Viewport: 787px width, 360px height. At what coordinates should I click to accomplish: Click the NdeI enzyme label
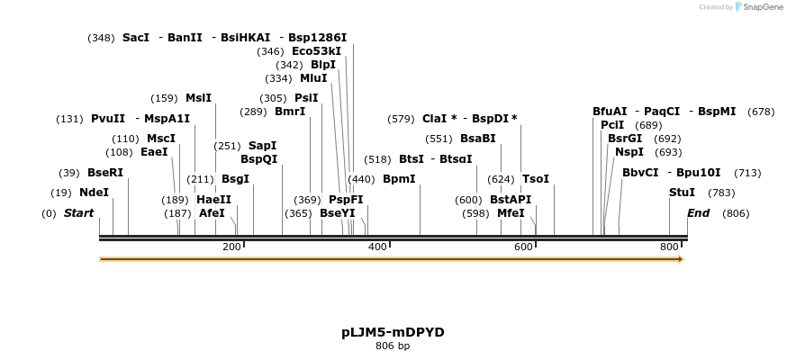(94, 193)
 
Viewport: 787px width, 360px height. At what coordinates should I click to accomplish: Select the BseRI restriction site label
(105, 173)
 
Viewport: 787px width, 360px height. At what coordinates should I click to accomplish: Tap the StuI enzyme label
(682, 193)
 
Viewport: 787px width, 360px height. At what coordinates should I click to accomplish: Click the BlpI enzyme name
(323, 65)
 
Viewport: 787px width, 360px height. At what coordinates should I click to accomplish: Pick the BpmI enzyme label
(399, 179)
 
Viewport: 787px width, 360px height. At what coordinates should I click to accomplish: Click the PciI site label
(612, 125)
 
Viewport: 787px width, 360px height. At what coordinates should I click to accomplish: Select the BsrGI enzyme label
(625, 139)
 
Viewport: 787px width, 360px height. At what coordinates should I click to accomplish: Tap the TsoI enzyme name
(535, 179)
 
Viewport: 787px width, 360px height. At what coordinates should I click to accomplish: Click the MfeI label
(511, 213)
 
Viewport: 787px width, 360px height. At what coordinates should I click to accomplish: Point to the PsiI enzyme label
(306, 98)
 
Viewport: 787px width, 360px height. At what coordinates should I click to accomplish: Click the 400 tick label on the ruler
(377, 247)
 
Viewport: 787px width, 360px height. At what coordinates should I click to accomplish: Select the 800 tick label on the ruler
(670, 247)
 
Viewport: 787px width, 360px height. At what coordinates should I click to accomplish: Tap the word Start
(78, 213)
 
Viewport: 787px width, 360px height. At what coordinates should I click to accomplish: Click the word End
(698, 213)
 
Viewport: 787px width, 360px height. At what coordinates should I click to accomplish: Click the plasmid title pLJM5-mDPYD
(393, 332)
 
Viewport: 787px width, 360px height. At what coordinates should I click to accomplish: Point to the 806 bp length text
(393, 346)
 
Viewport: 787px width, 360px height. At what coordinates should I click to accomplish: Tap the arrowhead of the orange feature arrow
(680, 259)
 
